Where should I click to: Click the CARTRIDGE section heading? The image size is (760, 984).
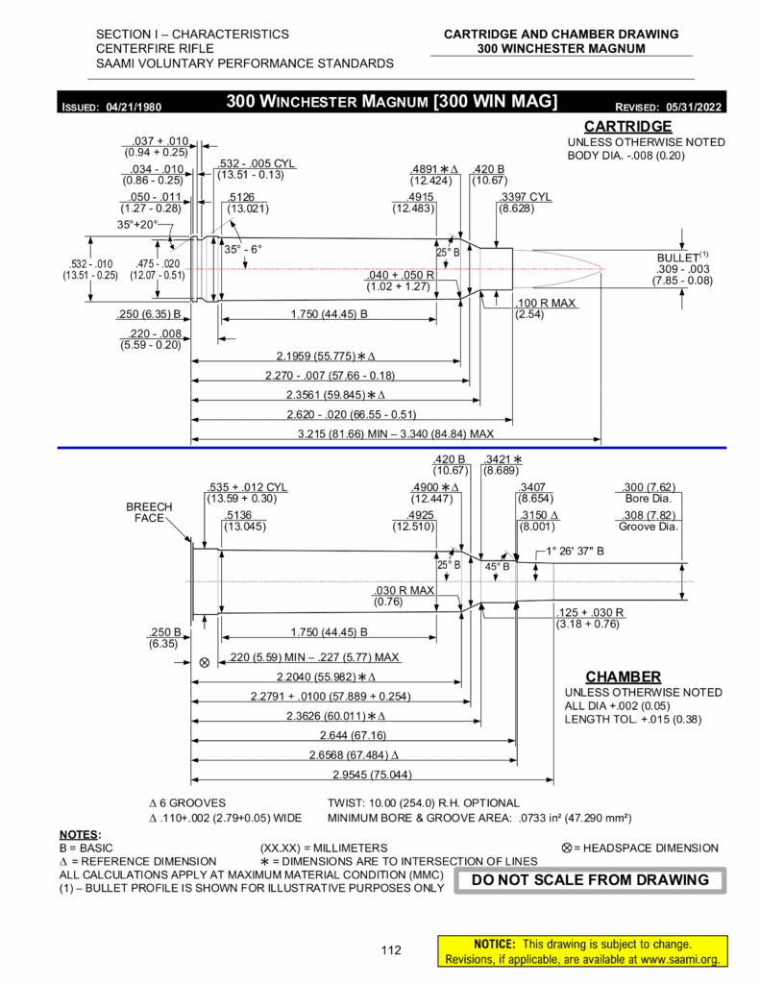click(x=627, y=127)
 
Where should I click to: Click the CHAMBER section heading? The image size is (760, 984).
click(x=624, y=676)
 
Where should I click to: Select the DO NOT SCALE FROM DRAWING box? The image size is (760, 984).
click(x=591, y=879)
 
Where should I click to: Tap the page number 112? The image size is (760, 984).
click(x=390, y=951)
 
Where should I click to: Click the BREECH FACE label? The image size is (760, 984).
click(x=149, y=512)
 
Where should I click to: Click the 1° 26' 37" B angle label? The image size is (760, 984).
click(x=575, y=552)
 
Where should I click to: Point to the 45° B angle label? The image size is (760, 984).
click(x=496, y=567)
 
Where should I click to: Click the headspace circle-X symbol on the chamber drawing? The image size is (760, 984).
click(x=204, y=663)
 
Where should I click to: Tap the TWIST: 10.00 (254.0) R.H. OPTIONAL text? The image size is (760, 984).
click(x=424, y=803)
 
